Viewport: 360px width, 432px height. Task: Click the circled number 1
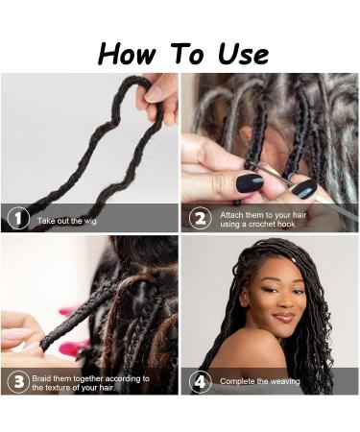pyautogui.click(x=17, y=218)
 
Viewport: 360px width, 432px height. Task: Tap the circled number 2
pyautogui.click(x=200, y=218)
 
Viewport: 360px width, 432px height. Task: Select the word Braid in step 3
pyautogui.click(x=47, y=377)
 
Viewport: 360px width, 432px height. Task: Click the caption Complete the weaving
pyautogui.click(x=259, y=381)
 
